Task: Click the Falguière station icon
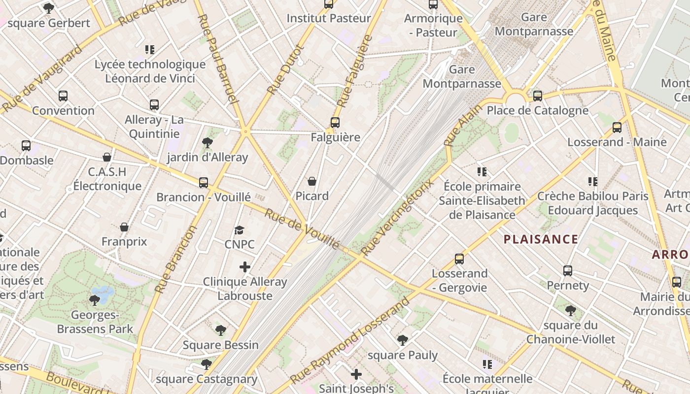tap(335, 122)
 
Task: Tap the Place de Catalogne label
tap(537, 110)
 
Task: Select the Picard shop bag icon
tap(312, 181)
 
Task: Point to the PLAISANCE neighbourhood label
tap(541, 240)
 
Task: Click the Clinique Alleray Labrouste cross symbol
tap(245, 267)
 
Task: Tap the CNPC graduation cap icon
tap(240, 230)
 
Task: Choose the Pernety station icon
tap(568, 270)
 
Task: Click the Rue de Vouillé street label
tap(302, 229)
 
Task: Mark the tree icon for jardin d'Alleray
tap(207, 143)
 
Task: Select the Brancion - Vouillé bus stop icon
tap(204, 182)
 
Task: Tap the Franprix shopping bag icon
tap(124, 227)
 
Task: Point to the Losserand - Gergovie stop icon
tap(459, 259)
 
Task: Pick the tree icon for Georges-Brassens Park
tap(95, 300)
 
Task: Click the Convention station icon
tap(63, 96)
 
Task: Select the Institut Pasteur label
tap(328, 19)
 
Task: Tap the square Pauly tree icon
tap(403, 340)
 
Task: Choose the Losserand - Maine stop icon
tap(617, 128)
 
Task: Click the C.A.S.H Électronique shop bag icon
tap(107, 157)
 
